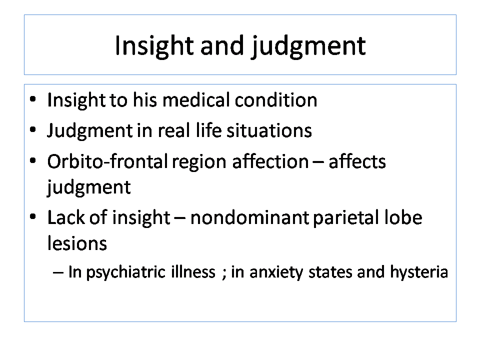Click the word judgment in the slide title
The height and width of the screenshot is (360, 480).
tap(308, 46)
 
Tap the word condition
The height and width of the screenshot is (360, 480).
tap(276, 100)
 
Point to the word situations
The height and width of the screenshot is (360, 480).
tap(269, 130)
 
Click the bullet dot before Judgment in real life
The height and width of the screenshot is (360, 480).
tap(33, 130)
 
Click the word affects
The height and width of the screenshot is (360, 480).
tap(357, 161)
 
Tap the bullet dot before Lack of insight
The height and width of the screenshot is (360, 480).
tap(33, 216)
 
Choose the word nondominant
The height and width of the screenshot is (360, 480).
tap(249, 217)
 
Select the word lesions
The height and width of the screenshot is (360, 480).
tap(77, 243)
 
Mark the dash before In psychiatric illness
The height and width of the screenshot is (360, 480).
tap(58, 272)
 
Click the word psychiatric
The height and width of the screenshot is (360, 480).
tap(126, 272)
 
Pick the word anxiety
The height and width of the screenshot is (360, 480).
tap(276, 272)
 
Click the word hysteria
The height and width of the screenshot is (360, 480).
tap(419, 272)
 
